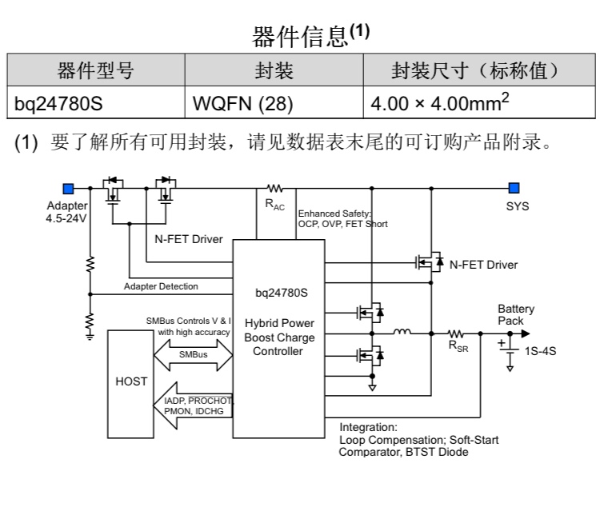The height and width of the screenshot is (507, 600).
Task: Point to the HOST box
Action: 131,381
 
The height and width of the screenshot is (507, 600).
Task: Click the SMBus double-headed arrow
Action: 192,353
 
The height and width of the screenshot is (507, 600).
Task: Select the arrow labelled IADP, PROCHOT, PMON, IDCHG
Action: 192,405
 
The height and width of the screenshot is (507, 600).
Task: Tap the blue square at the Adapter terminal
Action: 69,189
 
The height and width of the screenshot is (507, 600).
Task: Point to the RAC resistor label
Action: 274,205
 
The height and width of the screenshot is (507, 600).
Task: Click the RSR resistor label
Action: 458,345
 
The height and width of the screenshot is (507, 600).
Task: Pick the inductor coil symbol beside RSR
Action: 402,332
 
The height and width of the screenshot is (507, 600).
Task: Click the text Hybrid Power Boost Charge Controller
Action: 279,337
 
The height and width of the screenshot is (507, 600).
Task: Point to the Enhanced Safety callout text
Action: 342,219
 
